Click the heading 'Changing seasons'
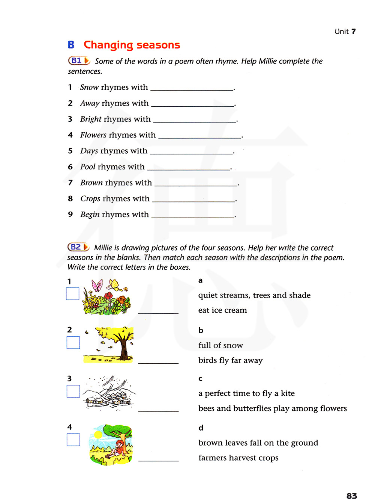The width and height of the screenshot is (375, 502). [132, 45]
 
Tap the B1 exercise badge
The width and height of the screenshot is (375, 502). [79, 60]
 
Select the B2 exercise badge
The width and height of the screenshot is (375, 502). [78, 247]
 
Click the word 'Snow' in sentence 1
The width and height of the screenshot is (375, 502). [89, 88]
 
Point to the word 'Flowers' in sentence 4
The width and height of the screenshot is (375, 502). [93, 135]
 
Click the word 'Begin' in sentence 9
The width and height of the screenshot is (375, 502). [90, 215]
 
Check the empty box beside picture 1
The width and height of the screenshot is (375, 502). [73, 294]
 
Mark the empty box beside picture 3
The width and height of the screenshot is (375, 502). [73, 391]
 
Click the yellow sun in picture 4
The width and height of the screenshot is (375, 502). [98, 435]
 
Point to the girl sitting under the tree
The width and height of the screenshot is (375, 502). [119, 448]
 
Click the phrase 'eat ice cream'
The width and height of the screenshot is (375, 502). [222, 310]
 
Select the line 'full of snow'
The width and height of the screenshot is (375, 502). [220, 345]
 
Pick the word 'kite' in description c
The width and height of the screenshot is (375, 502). [288, 393]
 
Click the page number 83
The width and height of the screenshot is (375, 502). [352, 496]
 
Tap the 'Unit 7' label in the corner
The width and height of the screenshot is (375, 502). [345, 32]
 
